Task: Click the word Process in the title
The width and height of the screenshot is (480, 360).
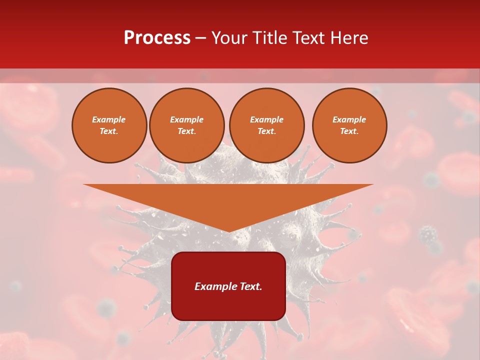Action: [157, 38]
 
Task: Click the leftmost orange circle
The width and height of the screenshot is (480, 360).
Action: [109, 125]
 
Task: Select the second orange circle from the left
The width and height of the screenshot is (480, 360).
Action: [187, 125]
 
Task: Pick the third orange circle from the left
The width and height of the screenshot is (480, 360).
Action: [267, 125]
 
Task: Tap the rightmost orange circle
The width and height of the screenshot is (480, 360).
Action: [349, 125]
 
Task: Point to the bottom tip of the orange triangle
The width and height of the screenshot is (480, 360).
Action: [228, 231]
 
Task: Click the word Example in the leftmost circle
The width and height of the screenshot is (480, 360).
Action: [109, 119]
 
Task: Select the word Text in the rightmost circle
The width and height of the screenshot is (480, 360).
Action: [349, 131]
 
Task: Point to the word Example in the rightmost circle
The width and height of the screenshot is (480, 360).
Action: [349, 119]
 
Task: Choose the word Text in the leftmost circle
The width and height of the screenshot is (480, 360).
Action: [108, 131]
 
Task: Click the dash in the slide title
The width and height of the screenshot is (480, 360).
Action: [201, 38]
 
